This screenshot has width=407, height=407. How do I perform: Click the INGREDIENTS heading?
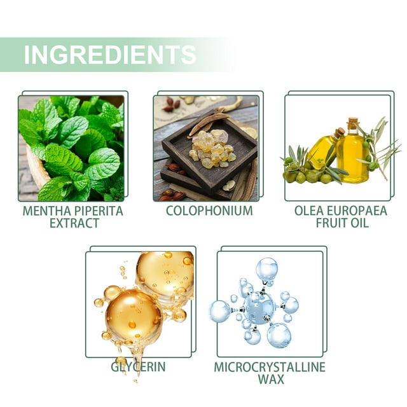(110, 55)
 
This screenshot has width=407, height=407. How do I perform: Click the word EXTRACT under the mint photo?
(74, 223)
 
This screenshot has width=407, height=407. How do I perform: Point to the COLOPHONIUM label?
(209, 210)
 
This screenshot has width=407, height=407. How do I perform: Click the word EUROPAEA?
(357, 210)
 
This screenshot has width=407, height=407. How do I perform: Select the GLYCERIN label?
(138, 367)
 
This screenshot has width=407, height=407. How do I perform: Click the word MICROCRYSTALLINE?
(270, 367)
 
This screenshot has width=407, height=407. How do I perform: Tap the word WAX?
(271, 379)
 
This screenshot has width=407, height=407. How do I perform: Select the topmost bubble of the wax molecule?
(266, 269)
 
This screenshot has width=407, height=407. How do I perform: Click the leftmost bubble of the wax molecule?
(220, 311)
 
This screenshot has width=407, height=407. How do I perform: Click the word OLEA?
(309, 210)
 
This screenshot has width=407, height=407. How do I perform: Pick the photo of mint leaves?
(71, 148)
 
